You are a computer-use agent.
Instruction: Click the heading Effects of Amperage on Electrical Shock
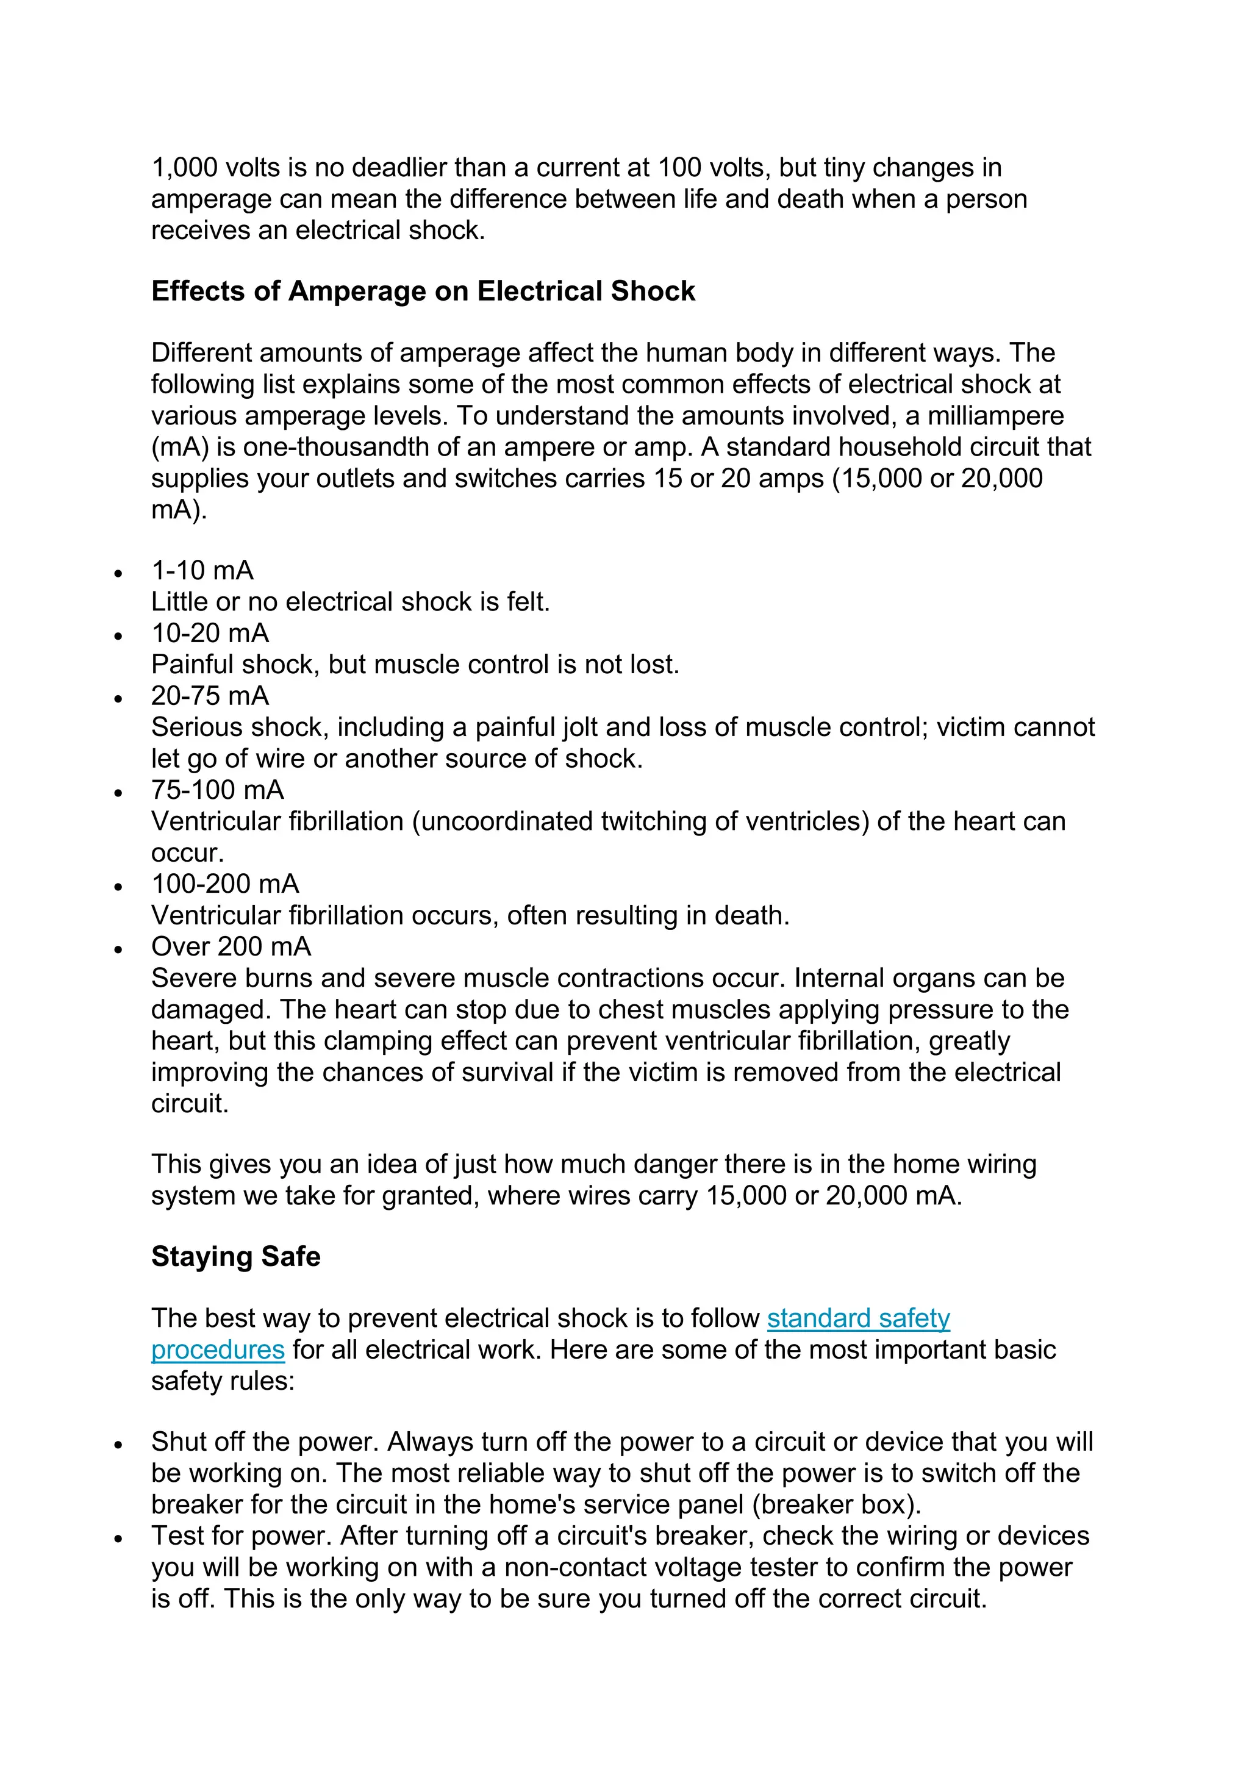click(423, 291)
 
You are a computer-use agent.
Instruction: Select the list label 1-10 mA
click(202, 571)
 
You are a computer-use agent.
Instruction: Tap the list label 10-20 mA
click(210, 633)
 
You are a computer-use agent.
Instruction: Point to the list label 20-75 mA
click(210, 696)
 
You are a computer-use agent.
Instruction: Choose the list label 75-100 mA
click(218, 790)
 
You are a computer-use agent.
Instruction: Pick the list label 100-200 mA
click(225, 884)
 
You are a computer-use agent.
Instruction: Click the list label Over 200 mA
click(231, 947)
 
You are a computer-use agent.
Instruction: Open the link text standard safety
click(858, 1318)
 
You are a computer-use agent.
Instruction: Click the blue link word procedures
click(218, 1350)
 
